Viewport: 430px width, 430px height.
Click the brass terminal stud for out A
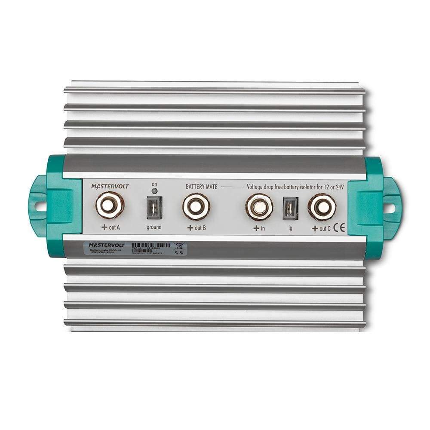110,205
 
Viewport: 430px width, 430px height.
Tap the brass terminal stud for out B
196,206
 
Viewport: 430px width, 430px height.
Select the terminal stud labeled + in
259,207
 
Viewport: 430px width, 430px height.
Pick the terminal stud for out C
322,207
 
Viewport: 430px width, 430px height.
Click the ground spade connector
154,208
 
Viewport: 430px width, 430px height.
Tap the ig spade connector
290,208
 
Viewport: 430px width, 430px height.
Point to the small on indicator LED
154,191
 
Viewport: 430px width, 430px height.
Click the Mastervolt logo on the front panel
110,186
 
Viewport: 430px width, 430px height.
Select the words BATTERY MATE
202,187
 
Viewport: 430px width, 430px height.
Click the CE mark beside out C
340,228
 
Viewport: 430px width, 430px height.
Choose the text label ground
154,227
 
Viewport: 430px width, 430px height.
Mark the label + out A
111,227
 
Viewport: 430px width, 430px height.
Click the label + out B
197,227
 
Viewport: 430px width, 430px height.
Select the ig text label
290,228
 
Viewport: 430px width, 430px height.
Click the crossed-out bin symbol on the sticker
179,246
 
